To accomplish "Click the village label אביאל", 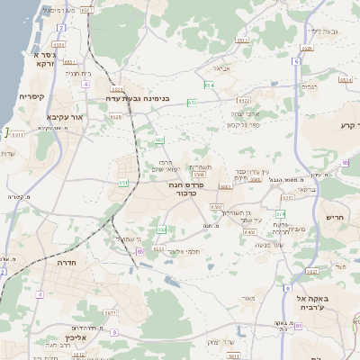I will (220, 67).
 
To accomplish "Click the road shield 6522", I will (243, 101).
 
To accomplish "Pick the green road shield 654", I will (208, 85).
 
